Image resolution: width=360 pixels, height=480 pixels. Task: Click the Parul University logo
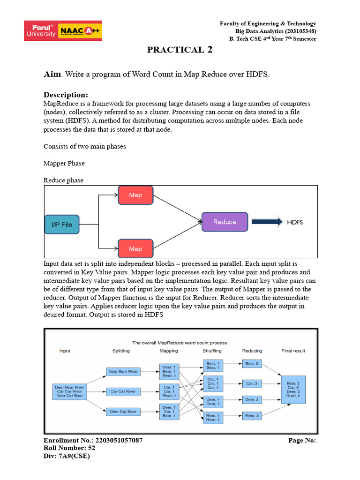[x=41, y=30]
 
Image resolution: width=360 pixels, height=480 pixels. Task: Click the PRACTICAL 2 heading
[x=180, y=50]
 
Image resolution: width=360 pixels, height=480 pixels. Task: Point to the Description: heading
[x=66, y=95]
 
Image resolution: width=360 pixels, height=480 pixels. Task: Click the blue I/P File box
[x=62, y=225]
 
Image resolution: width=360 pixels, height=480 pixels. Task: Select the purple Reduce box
[x=225, y=222]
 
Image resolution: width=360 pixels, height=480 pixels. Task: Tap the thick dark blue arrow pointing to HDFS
[x=267, y=222]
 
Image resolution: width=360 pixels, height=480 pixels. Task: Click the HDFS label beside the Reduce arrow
[x=295, y=222]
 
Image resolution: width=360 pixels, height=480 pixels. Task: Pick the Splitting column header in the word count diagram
[x=121, y=351]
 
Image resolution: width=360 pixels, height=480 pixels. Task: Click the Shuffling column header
[x=212, y=351]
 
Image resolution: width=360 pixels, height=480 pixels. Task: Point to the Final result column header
[x=293, y=351]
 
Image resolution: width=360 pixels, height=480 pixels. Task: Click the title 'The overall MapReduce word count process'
[x=180, y=343]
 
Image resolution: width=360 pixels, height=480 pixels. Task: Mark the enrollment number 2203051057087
[x=119, y=440]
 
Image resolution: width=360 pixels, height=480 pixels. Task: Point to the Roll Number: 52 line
[x=69, y=448]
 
